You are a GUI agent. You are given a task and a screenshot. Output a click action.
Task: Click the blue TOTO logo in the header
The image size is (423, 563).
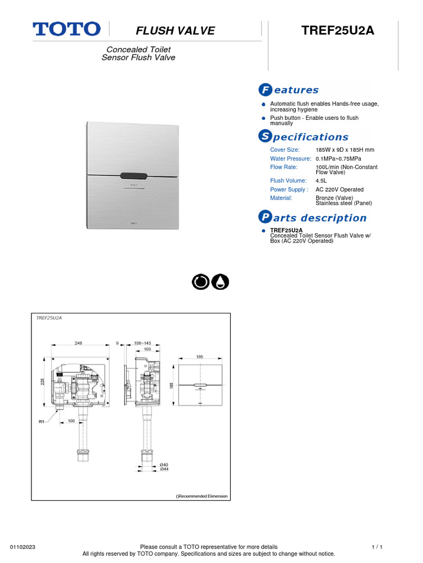67,29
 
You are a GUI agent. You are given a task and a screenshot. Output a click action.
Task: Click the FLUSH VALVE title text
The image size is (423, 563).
176,31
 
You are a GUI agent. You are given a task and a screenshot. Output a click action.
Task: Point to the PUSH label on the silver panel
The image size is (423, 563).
133,186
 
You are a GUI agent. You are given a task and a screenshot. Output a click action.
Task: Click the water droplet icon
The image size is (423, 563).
221,282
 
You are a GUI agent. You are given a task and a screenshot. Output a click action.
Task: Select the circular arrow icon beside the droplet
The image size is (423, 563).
200,282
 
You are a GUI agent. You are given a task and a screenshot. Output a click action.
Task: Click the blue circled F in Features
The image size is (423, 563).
264,90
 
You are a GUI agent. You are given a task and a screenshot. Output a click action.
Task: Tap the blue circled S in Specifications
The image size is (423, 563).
264,136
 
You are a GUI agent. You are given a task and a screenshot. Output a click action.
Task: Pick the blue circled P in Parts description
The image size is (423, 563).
264,217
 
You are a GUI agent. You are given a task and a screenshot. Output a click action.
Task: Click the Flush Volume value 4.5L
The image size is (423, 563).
321,180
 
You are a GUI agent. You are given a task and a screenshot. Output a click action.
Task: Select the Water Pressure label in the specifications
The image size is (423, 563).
290,158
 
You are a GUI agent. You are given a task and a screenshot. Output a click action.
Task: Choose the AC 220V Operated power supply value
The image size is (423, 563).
339,190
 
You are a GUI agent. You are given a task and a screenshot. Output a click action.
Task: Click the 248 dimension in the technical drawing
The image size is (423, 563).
79,342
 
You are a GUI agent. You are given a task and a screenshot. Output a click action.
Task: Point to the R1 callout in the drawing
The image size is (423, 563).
41,422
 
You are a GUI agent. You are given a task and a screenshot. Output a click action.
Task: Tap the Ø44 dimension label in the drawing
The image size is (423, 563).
164,469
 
